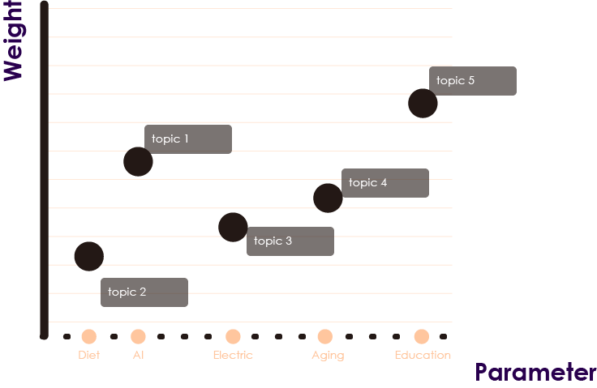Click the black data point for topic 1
click(138, 161)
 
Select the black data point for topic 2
click(89, 257)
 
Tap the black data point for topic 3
click(233, 227)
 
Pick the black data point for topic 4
click(328, 198)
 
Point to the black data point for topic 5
click(423, 103)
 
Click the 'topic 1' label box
click(188, 139)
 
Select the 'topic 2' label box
click(144, 292)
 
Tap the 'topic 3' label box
click(290, 241)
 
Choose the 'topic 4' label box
click(385, 183)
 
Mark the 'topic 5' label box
click(473, 81)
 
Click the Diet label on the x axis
click(89, 355)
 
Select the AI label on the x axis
click(138, 355)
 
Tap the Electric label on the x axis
click(233, 355)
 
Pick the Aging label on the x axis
click(328, 355)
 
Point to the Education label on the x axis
click(423, 355)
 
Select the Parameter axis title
click(535, 373)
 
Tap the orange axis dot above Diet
click(89, 336)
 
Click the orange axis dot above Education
click(421, 336)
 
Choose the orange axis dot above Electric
click(233, 336)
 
